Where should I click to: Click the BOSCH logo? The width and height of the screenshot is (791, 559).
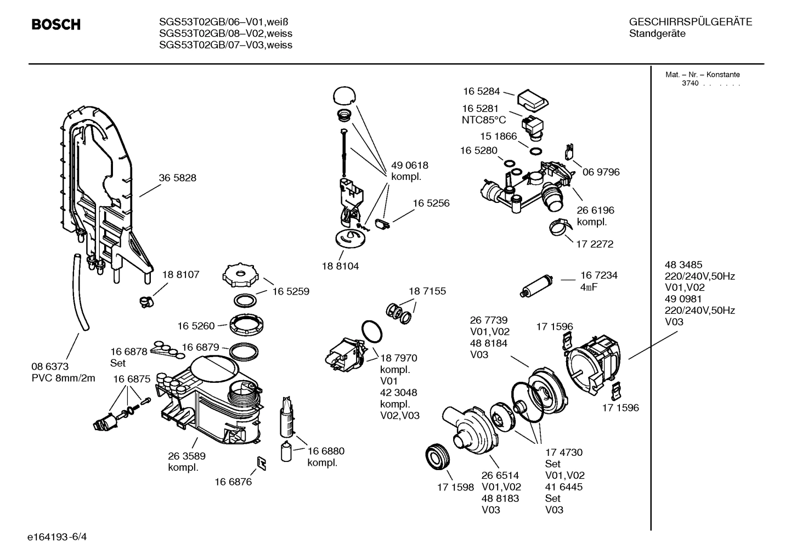[x=56, y=25]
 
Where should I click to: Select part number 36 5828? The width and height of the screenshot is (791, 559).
[x=177, y=178]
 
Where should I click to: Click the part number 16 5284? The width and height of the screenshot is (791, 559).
[x=481, y=92]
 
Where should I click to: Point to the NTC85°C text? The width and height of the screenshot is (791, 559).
[x=483, y=120]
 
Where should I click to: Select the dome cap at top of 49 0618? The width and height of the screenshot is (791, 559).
[x=344, y=95]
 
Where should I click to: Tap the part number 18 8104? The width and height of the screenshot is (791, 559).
[x=340, y=266]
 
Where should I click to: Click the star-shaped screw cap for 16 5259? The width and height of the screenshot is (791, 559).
[x=240, y=276]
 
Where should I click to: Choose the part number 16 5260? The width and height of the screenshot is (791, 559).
[x=196, y=326]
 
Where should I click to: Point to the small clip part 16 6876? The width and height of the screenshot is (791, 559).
[x=262, y=464]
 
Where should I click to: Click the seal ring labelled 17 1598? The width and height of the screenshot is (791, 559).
[x=438, y=456]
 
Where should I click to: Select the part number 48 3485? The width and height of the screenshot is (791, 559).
[x=683, y=264]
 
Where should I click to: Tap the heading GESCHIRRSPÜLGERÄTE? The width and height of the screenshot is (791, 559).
[x=690, y=22]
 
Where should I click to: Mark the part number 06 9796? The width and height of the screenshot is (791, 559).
[x=601, y=172]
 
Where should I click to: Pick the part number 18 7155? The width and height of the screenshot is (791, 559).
[x=427, y=291]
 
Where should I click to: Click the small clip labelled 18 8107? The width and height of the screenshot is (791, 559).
[x=145, y=300]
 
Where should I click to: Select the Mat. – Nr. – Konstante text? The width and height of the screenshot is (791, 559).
[x=702, y=75]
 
